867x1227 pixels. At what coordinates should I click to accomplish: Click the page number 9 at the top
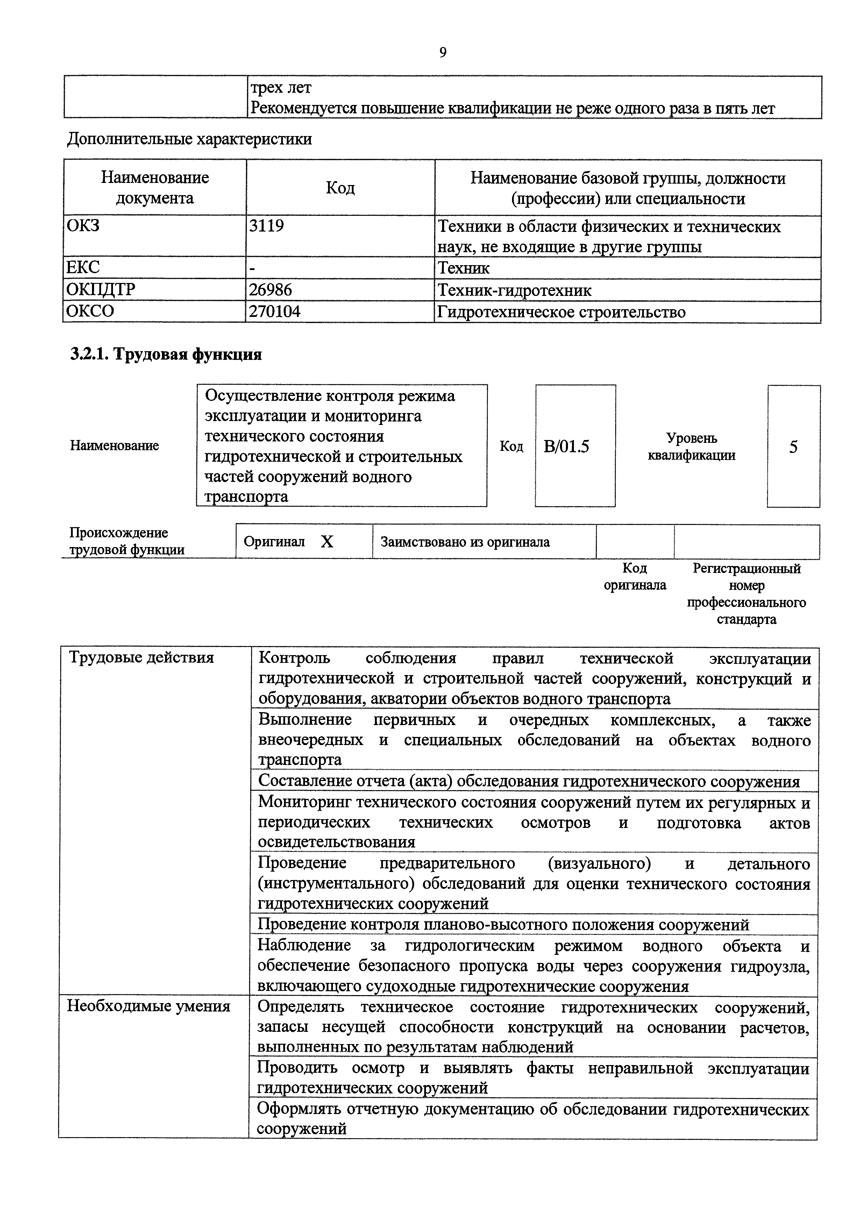pos(442,52)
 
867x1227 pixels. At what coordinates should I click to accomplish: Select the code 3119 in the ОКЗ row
pos(267,226)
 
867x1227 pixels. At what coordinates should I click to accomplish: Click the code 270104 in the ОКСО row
pos(275,311)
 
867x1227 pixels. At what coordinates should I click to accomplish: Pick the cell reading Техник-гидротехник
pos(514,290)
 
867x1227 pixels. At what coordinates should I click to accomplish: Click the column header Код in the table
pos(340,187)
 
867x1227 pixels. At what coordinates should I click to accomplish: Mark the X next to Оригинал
pos(327,542)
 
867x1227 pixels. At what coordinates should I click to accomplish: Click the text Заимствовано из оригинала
pos(465,542)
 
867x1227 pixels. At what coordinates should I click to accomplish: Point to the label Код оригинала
pos(635,576)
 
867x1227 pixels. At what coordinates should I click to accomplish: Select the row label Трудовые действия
pos(142,657)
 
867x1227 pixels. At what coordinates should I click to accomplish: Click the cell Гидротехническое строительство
pos(561,312)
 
